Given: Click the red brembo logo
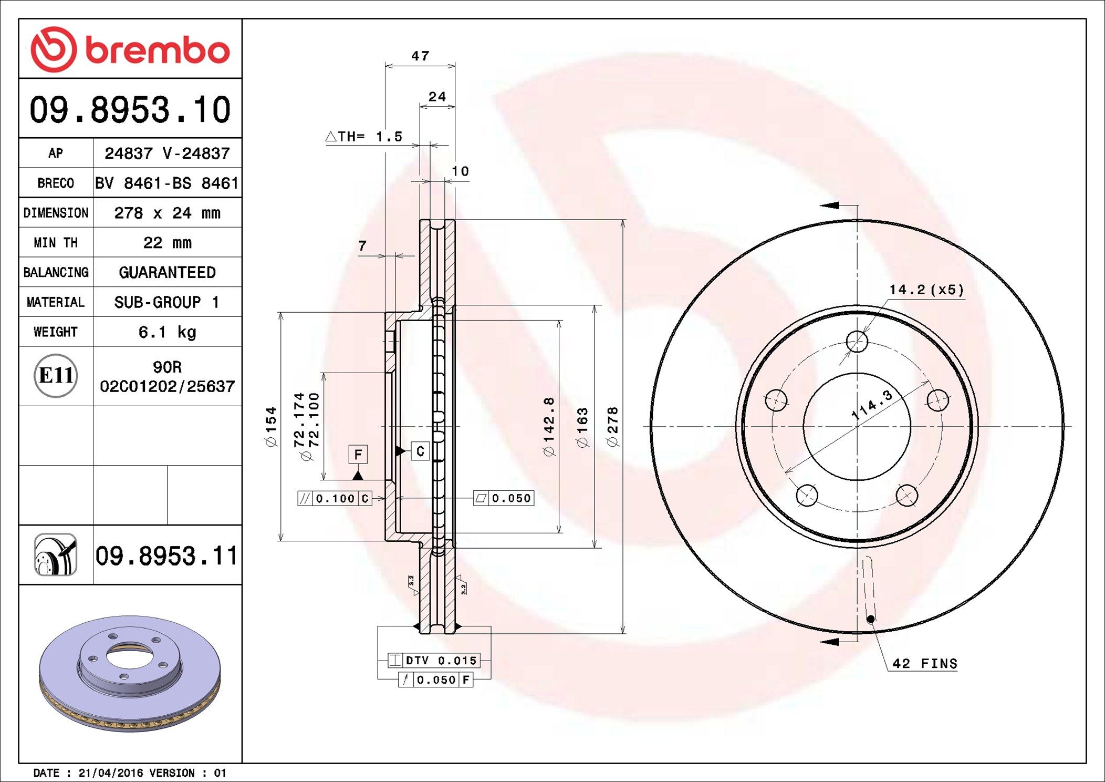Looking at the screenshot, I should (130, 49).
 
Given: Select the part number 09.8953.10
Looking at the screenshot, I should (130, 109).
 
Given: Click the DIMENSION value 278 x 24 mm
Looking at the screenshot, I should (167, 213).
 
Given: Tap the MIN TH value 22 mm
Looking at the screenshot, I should (167, 243).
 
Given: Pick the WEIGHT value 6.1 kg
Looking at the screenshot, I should (167, 332).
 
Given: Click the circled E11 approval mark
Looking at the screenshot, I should (56, 376).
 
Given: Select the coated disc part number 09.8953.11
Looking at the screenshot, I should (166, 555).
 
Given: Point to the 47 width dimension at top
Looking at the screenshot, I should (420, 56).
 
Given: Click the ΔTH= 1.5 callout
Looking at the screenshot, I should (364, 137).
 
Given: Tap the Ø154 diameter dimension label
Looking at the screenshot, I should (271, 426).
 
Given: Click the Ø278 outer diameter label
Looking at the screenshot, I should (613, 426).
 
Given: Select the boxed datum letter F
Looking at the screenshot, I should (358, 454).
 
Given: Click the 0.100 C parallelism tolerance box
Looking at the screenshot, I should (335, 498).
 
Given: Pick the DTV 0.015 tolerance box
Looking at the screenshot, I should (434, 660).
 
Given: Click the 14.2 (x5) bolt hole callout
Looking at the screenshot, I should (926, 290).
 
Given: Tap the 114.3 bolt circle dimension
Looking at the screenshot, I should (872, 405).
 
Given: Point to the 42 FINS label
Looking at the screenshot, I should (924, 664).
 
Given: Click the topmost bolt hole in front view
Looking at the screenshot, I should (857, 342).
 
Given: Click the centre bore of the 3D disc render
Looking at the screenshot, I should (129, 655).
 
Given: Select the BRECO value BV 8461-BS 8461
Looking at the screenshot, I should (167, 183).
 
